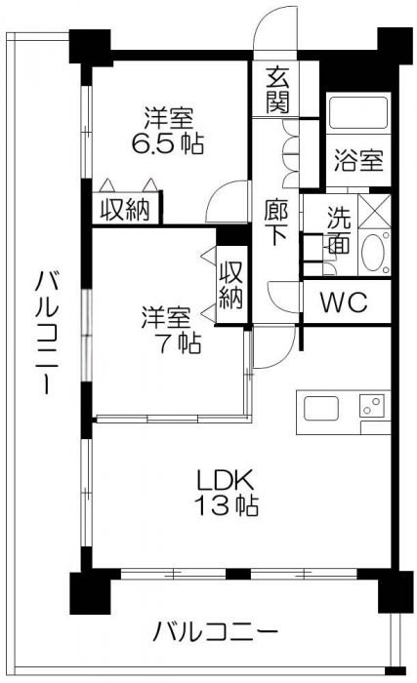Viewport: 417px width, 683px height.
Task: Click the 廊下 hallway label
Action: pos(276,223)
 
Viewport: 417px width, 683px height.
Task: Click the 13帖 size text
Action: pos(226,506)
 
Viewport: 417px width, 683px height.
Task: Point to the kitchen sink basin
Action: pos(321,407)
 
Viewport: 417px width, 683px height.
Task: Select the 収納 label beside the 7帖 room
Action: pos(230,285)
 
